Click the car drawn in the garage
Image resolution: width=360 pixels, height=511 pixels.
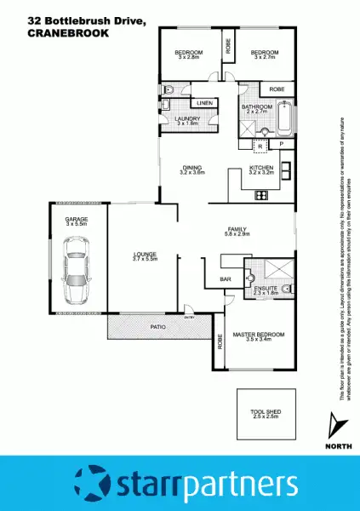77,272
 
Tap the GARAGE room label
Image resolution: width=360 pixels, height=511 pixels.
77,221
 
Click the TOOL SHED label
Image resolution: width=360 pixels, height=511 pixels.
265,412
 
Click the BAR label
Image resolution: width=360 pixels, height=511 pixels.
226,278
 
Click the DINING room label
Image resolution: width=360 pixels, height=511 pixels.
193,169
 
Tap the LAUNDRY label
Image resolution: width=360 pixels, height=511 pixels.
186,119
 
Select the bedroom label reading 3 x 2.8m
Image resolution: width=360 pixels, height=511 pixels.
187,55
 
